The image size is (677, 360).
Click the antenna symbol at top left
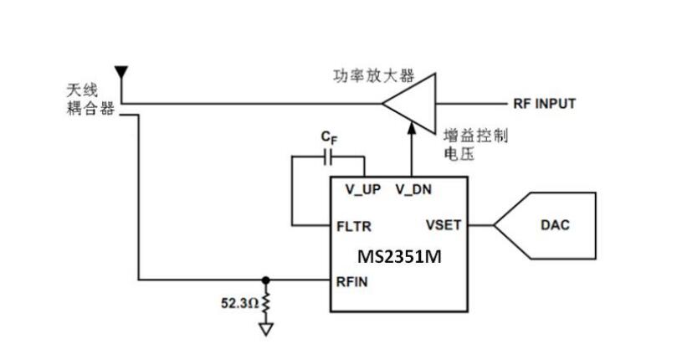click(x=121, y=71)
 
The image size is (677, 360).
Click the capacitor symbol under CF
click(x=328, y=156)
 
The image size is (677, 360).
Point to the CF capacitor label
click(x=329, y=136)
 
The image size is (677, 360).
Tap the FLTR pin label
click(x=353, y=226)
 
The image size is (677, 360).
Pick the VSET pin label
click(x=444, y=225)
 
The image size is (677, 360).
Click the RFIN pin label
click(x=352, y=281)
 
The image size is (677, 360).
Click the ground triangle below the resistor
click(x=266, y=329)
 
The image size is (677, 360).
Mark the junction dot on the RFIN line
click(x=266, y=280)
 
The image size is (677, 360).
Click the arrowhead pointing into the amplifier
click(x=412, y=128)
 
